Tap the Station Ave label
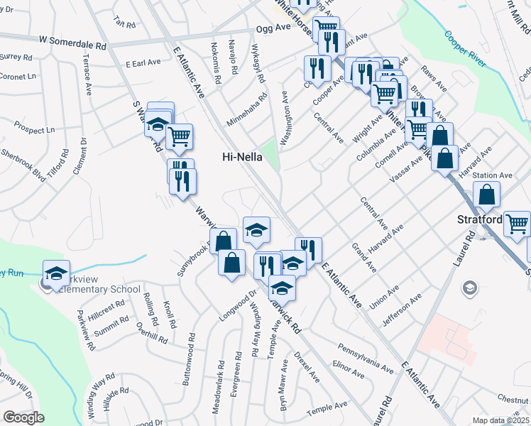click(492, 175)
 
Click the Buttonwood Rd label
click(188, 359)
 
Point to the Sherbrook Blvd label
click(23, 165)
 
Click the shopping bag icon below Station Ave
click(487, 195)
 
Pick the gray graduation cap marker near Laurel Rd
click(469, 288)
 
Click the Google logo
click(24, 417)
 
